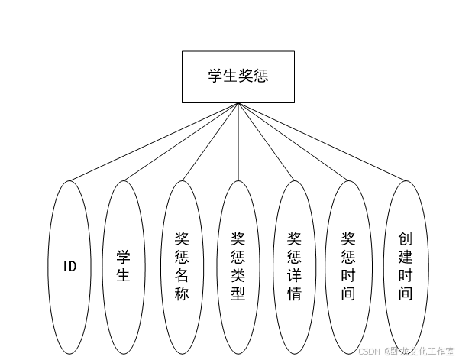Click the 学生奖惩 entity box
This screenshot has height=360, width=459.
238,76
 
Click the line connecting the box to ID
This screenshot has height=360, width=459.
153,142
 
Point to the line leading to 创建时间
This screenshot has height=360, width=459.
321,142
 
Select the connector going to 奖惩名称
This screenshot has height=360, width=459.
210,142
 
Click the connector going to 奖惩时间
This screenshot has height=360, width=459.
293,142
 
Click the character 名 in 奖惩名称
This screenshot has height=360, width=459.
182,274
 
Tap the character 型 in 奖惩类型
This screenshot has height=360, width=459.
238,294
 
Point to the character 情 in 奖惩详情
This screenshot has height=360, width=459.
294,294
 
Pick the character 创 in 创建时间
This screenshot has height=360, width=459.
405,238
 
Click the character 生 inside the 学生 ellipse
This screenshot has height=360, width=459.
123,275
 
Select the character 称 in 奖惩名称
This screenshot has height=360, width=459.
182,294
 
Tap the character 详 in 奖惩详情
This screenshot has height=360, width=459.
294,274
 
